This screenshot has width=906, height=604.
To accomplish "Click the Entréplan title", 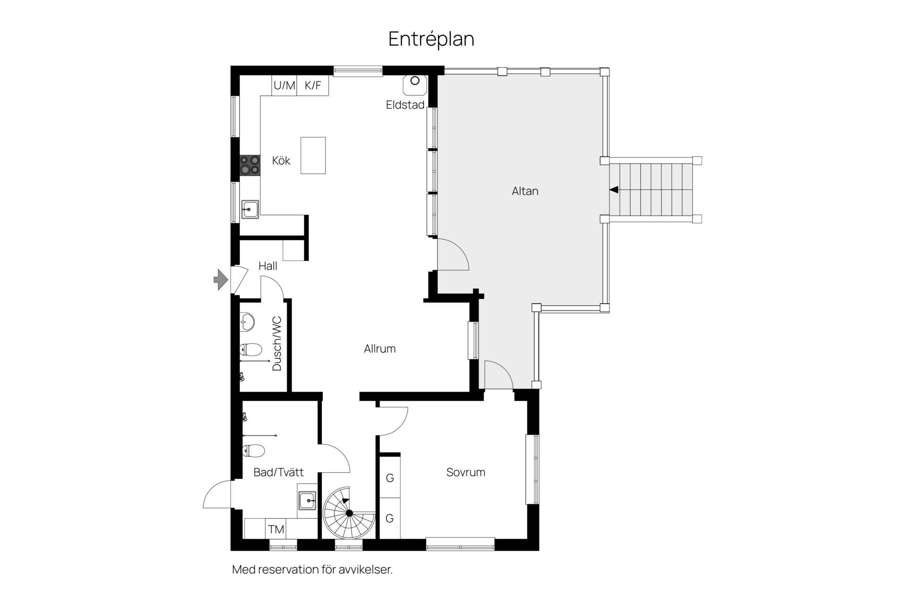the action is click(431, 39).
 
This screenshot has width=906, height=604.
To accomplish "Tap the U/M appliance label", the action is click(285, 85).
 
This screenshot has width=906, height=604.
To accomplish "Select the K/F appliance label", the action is click(313, 85).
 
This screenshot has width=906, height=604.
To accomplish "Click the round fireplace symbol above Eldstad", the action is click(415, 81).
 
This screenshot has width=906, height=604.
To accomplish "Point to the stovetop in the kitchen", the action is click(250, 165).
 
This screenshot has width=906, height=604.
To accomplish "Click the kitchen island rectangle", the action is click(313, 155).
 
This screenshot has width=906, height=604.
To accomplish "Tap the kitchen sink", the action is click(250, 209).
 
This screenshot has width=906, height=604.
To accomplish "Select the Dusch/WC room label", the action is click(277, 344).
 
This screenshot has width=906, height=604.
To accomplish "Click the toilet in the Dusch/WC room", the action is click(250, 350).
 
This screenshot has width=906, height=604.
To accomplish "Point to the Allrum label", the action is click(380, 349).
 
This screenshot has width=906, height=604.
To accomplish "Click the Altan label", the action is click(525, 191).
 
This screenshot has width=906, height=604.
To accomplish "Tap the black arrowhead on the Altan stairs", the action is click(613, 190).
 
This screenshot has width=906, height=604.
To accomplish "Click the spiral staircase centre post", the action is click(349, 513).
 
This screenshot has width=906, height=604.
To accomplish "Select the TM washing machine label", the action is click(276, 529).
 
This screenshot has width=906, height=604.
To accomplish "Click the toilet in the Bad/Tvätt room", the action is click(253, 451).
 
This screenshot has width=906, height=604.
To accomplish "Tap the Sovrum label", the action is click(466, 472).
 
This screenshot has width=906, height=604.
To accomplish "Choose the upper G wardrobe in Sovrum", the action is click(390, 478).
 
